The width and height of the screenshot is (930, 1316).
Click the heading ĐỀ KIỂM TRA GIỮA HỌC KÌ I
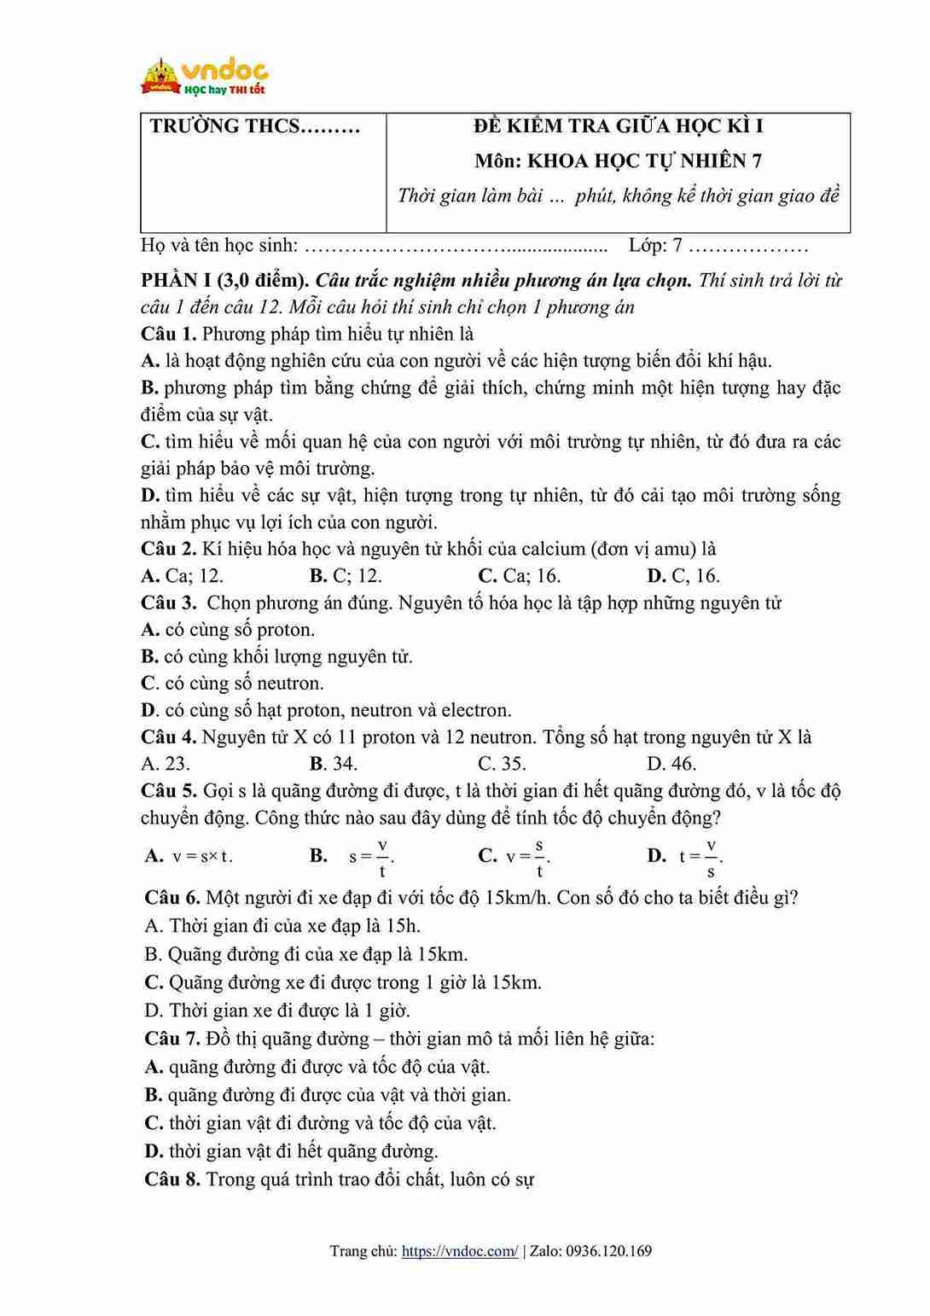point(618,126)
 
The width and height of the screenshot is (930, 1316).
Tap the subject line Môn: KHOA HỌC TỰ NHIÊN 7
point(618,160)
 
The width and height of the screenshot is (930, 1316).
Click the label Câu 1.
point(168,334)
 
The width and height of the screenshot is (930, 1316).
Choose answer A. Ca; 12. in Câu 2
point(182,576)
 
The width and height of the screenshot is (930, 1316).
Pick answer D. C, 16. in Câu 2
point(683,576)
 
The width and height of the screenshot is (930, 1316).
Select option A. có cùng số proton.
point(228,630)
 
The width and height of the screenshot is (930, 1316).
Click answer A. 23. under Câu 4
point(166,764)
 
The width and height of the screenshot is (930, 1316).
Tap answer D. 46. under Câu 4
point(671,764)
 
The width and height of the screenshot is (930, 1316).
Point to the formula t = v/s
point(700,856)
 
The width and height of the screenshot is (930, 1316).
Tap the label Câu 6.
point(172,898)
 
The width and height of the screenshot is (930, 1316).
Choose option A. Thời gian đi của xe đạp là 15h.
point(282,926)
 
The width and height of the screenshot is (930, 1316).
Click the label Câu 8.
point(172,1179)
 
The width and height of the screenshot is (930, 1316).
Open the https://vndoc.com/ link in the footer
point(459,1251)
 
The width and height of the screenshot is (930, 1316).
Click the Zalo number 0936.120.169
point(607,1251)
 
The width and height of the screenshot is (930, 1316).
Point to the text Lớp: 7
point(655,246)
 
